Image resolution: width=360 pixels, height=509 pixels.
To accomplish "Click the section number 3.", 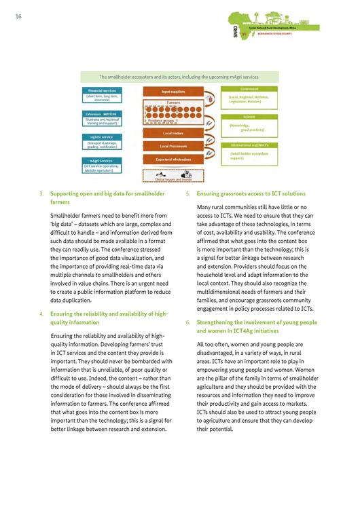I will (42, 194).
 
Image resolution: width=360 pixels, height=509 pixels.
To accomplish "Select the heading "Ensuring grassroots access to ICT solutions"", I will (251, 194).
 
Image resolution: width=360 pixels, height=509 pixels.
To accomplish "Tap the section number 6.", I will (187, 322).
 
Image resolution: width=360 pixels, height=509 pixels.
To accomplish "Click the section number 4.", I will (42, 314).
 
